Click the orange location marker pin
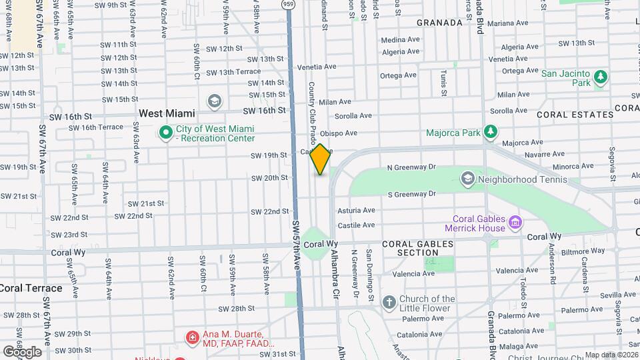[x=321, y=159]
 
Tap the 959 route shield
[x=288, y=5]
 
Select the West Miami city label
[x=167, y=113]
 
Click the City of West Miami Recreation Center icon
[x=165, y=133]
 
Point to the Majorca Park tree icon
[x=491, y=132]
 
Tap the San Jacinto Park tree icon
[x=601, y=77]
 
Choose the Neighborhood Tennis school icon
[x=468, y=179]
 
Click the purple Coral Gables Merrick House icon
[x=515, y=222]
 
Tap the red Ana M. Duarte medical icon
[x=193, y=338]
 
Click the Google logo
[x=21, y=351]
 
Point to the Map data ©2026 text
[x=611, y=355]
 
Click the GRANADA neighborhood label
[x=439, y=23]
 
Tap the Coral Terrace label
[x=31, y=288]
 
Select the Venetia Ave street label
[x=316, y=67]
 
